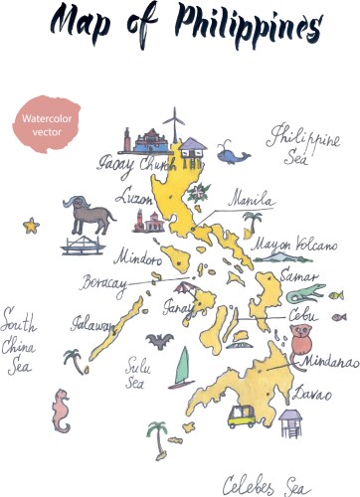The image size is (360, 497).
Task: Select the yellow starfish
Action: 30,227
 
